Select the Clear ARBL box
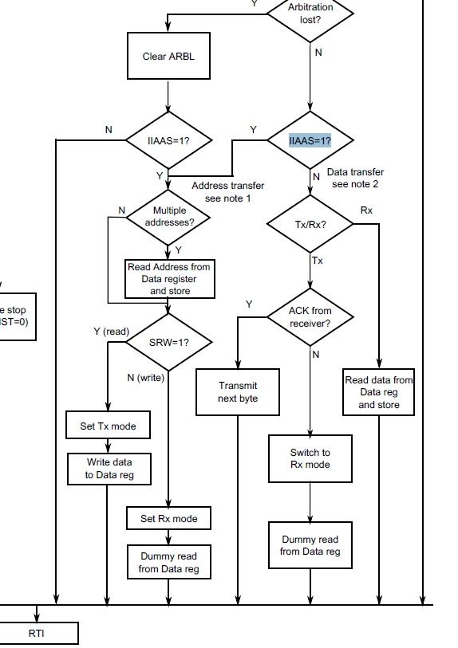pyautogui.click(x=168, y=57)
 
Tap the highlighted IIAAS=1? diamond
pyautogui.click(x=310, y=140)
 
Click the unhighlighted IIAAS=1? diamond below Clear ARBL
pyautogui.click(x=168, y=140)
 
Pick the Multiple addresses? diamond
pyautogui.click(x=168, y=216)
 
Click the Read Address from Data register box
pyautogui.click(x=169, y=279)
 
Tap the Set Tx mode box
pyautogui.click(x=107, y=426)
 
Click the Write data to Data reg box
pyautogui.click(x=109, y=469)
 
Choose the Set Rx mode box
pyautogui.click(x=168, y=518)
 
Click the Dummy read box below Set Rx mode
pyautogui.click(x=168, y=562)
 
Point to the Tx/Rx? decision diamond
pyautogui.click(x=310, y=225)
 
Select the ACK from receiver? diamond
pyautogui.click(x=310, y=316)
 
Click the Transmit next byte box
pyautogui.click(x=238, y=391)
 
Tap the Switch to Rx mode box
pyautogui.click(x=310, y=458)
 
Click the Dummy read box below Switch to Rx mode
pyautogui.click(x=310, y=545)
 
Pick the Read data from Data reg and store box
pyautogui.click(x=378, y=392)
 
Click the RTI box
pyautogui.click(x=37, y=634)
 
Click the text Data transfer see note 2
pyautogui.click(x=357, y=178)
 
